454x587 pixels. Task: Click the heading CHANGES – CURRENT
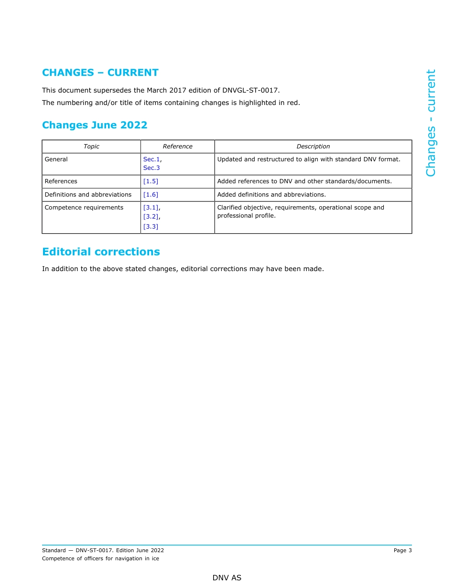100,73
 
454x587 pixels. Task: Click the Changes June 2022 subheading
95,125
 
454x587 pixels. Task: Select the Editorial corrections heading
101,252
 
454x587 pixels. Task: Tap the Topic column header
91,147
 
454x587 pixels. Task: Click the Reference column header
177,147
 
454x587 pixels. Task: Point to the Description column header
313,147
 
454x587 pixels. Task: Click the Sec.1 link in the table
151,159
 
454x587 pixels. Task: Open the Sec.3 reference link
151,168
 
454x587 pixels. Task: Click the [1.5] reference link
151,181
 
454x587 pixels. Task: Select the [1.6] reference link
151,195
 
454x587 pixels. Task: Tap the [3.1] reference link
151,208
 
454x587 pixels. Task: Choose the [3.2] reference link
151,217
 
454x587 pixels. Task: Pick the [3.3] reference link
151,227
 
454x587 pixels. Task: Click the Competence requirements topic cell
84,208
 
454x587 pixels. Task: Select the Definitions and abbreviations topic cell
88,195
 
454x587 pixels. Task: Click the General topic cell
56,159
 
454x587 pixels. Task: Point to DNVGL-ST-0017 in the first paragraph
250,90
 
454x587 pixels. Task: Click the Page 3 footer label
402,550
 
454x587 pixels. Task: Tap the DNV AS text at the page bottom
227,578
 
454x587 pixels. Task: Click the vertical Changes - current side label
431,123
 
